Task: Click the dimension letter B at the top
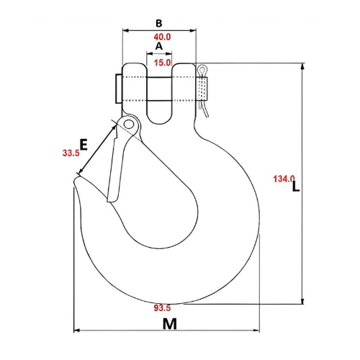pyautogui.click(x=159, y=22)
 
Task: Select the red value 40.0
pyautogui.click(x=161, y=37)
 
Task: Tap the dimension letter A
pyautogui.click(x=160, y=46)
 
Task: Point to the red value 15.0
pyautogui.click(x=161, y=63)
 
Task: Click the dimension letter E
pyautogui.click(x=84, y=145)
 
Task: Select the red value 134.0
pyautogui.click(x=284, y=179)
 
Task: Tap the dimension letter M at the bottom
pyautogui.click(x=169, y=324)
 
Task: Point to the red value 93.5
pyautogui.click(x=163, y=308)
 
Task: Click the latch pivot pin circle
pyautogui.click(x=129, y=125)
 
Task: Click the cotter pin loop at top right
pyautogui.click(x=204, y=70)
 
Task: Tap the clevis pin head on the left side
pyautogui.click(x=117, y=89)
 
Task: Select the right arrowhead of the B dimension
pyautogui.click(x=194, y=31)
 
